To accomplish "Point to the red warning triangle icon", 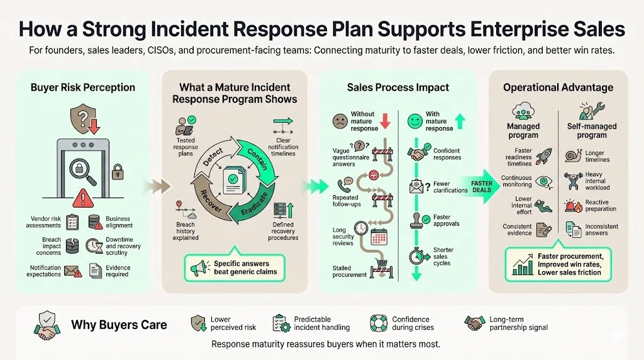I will click(82, 200).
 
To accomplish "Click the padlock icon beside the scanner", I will click(117, 171).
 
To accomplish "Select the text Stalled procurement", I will click(350, 271).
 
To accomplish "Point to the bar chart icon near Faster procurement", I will click(522, 266).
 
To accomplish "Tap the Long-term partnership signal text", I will click(518, 323).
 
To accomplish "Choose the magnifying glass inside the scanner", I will click(82, 167).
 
